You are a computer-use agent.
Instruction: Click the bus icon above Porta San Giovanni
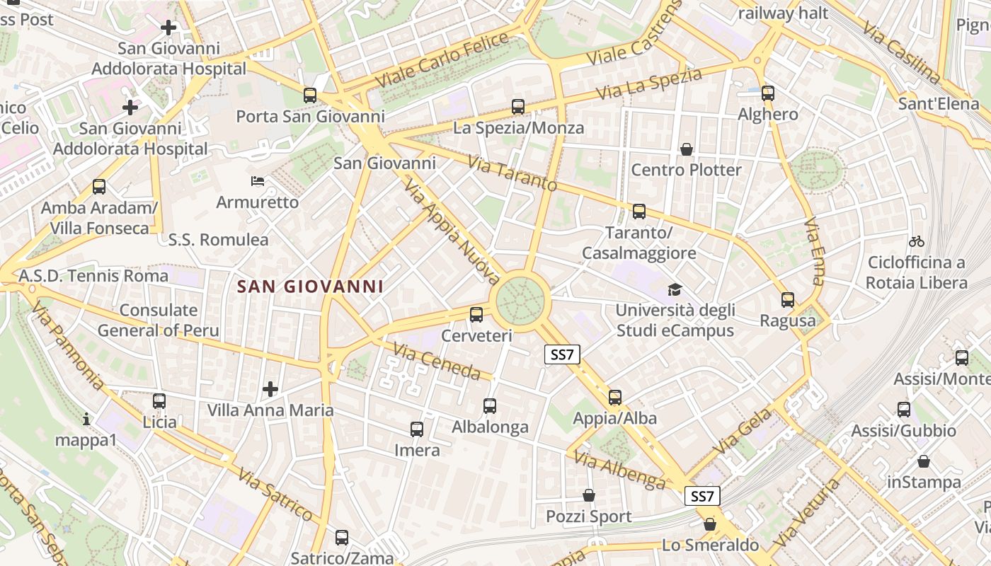[x=309, y=95]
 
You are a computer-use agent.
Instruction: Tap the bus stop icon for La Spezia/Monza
[x=518, y=107]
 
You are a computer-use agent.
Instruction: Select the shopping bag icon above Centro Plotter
[x=686, y=149]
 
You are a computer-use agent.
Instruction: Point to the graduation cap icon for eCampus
[x=675, y=289]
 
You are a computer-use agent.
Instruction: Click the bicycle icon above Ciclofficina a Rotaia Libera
[x=917, y=241]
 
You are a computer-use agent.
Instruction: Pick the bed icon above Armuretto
[x=258, y=181]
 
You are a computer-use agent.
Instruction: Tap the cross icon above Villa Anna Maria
[x=270, y=388]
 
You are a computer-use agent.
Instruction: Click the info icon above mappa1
[x=86, y=419]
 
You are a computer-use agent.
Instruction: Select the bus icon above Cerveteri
[x=476, y=315]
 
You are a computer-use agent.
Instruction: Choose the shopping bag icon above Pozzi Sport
[x=588, y=495]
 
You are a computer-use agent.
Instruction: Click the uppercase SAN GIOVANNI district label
[x=310, y=287]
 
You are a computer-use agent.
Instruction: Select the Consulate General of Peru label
[x=159, y=320]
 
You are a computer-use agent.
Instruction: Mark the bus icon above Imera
[x=417, y=429]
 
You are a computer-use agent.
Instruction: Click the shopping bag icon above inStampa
[x=924, y=461]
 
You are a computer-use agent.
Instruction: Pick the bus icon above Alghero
[x=768, y=93]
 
